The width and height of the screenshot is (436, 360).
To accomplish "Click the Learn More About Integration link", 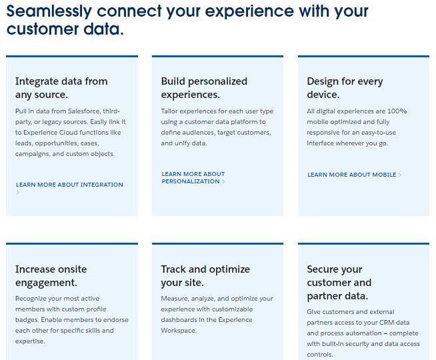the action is [69, 185].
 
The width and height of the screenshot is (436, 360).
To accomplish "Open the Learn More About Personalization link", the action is [193, 177].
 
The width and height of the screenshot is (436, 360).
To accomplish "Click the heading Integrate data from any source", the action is [61, 88].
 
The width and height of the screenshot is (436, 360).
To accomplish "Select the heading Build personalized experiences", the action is [204, 88].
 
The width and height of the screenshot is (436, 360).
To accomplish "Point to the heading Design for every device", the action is [345, 88].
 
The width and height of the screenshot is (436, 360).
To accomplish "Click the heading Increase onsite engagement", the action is [51, 276].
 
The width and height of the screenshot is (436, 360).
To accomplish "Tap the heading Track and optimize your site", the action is [205, 276].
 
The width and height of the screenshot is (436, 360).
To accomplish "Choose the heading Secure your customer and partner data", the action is [339, 283].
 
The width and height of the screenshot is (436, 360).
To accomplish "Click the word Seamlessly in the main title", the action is [49, 11].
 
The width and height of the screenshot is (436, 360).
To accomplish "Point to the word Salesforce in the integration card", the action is [84, 111].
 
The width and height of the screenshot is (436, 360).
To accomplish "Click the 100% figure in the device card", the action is [397, 111].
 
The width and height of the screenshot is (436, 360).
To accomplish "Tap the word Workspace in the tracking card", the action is [179, 331].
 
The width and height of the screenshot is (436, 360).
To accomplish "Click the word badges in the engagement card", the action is [27, 320].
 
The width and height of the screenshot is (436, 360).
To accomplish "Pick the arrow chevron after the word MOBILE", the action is [400, 175].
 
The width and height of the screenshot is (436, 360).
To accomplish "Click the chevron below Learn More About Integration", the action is [18, 192].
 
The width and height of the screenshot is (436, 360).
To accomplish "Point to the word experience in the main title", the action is [249, 12].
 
